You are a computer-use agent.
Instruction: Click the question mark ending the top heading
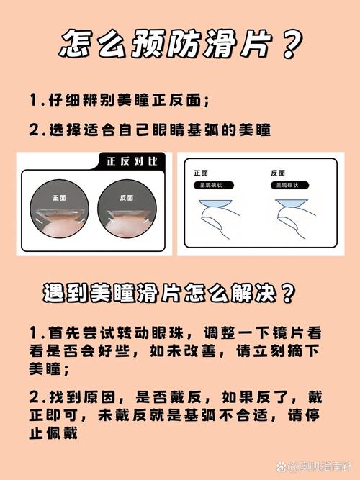point(292,45)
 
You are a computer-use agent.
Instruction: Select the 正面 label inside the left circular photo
point(60,198)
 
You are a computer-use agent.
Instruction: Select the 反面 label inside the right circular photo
point(127,198)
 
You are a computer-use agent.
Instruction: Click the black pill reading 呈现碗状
point(214,185)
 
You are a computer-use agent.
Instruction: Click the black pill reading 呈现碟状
point(289,185)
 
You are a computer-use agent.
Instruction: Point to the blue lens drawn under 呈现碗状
point(215,204)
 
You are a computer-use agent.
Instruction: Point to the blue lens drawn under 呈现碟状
point(292,203)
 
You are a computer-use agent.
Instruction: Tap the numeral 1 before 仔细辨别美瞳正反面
point(33,100)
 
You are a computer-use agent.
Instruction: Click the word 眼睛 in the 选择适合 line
point(168,130)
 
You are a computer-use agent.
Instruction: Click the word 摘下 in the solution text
point(303,350)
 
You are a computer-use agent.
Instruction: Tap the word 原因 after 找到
point(99,397)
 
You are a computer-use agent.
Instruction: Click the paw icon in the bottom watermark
point(282,467)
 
